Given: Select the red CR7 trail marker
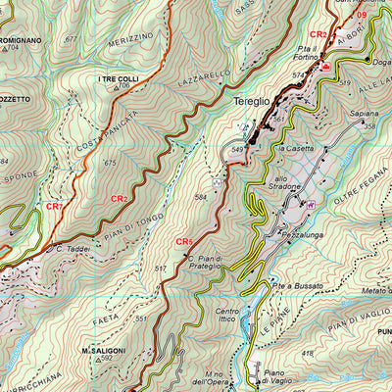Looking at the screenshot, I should (x=54, y=207).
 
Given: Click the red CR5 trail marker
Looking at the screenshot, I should (x=184, y=242).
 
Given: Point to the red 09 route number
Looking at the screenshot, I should (x=363, y=15).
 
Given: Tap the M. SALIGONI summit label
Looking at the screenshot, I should (x=101, y=349).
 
